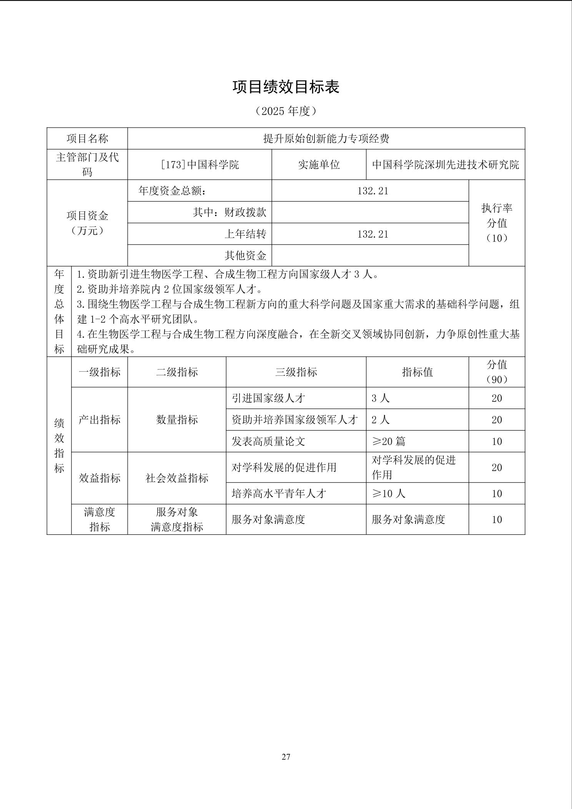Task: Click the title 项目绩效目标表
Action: pos(286,87)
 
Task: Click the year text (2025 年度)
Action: pos(286,111)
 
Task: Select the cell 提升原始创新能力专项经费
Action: pos(326,138)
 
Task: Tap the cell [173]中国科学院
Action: pos(200,165)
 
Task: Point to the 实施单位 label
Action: pos(319,165)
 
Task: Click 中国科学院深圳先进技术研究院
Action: pos(446,165)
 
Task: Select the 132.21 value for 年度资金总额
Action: pos(372,191)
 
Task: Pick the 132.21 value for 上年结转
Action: pos(372,234)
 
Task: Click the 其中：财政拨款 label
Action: pos(229,212)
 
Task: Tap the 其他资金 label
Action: pos(245,255)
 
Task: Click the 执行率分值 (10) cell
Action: pos(497,223)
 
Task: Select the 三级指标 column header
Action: pos(296,372)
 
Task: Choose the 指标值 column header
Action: pos(417,372)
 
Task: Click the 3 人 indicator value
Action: pos(381,398)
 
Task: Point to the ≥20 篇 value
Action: pos(388,441)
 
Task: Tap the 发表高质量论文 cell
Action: pos(268,441)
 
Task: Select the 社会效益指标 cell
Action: pos(177,478)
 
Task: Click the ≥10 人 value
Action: pos(388,493)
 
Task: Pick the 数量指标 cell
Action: pos(177,419)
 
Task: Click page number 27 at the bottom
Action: pos(286,757)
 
